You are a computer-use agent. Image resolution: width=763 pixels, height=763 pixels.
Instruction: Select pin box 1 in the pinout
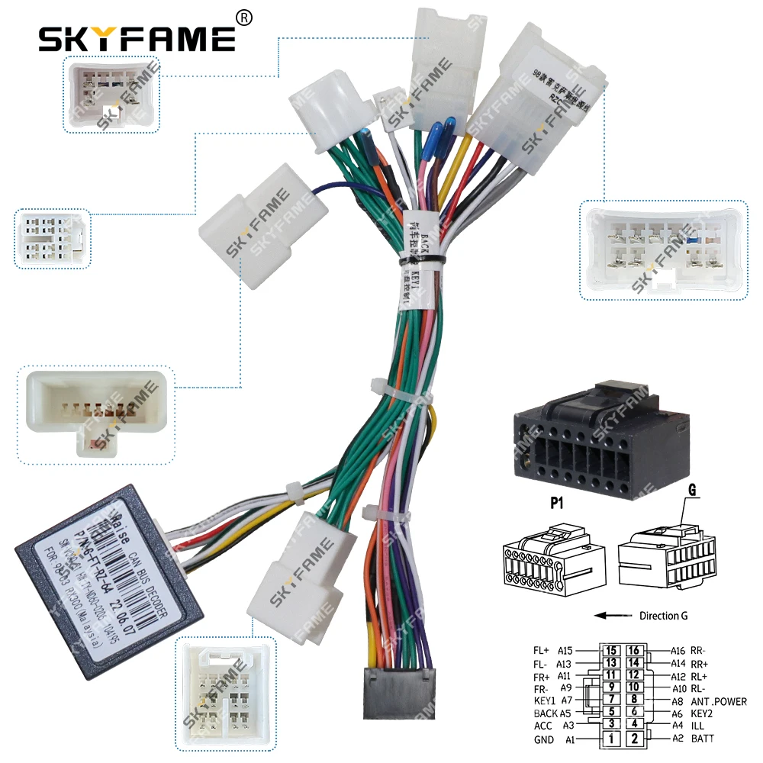(x=610, y=739)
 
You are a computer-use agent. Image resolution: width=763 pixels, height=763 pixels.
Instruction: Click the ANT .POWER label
(x=720, y=701)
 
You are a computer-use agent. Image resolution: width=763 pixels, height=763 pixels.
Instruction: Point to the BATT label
(x=703, y=739)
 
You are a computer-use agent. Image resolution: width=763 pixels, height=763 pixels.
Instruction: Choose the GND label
(x=543, y=740)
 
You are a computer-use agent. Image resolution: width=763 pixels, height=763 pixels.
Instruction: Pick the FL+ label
(x=541, y=651)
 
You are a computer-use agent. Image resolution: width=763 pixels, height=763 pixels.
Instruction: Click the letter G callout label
(x=694, y=491)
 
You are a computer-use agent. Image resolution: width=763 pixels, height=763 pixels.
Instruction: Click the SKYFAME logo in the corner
(x=137, y=37)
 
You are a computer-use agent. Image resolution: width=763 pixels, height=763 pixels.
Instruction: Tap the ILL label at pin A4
(x=697, y=726)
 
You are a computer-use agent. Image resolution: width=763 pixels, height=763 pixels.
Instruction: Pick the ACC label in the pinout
(x=543, y=726)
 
